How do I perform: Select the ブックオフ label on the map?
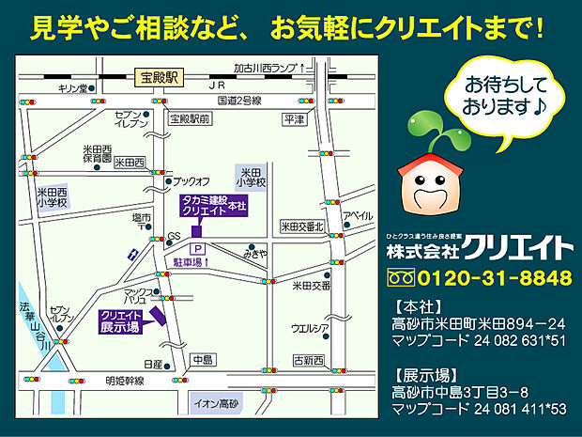191,180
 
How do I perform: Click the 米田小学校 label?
250,178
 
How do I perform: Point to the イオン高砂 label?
215,404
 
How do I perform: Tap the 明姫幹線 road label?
124,381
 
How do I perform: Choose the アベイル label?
357,216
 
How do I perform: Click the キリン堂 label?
72,88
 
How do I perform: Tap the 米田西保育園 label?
96,153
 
